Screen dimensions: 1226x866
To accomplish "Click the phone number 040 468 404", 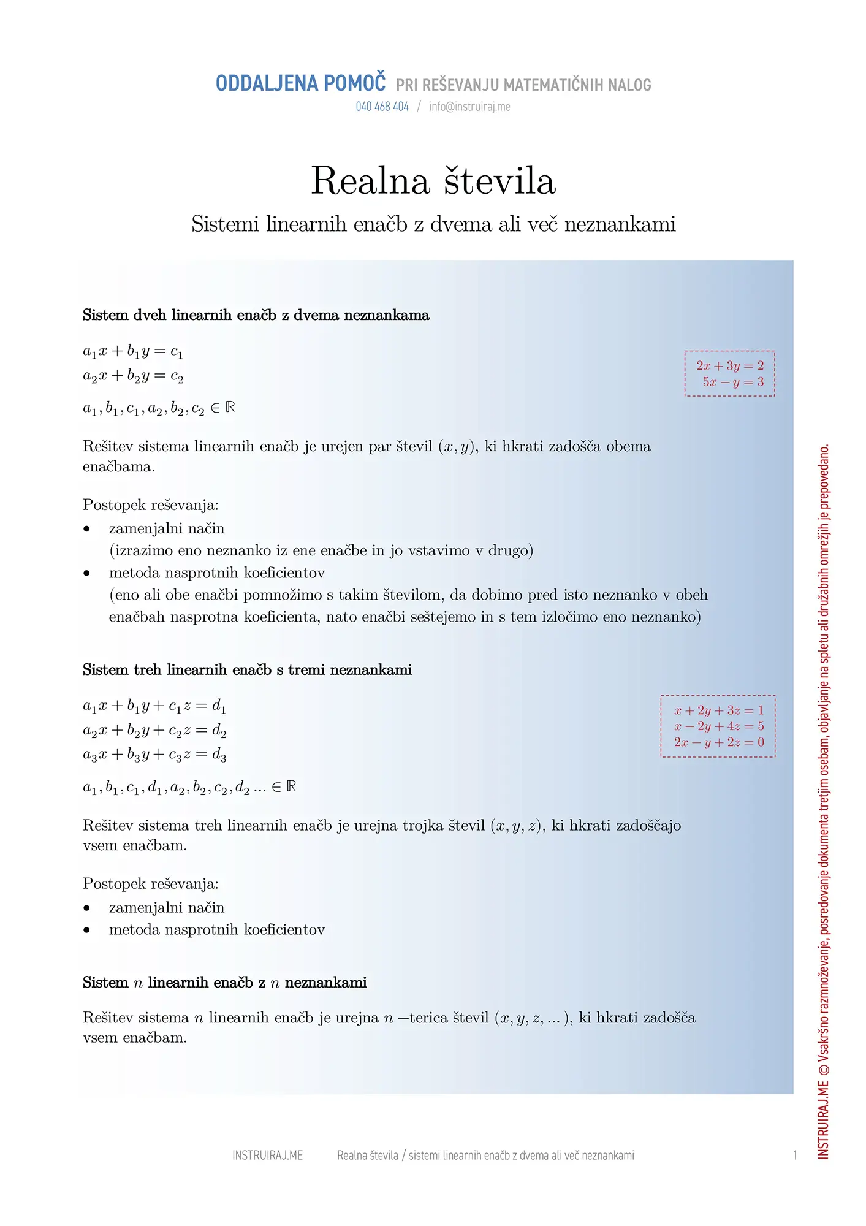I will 382,107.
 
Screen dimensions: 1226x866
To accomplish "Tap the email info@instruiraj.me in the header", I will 469,107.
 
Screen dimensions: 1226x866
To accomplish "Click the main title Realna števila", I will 433,181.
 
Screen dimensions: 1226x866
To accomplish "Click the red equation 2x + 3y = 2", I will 730,366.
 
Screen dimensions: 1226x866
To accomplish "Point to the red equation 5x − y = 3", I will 733,382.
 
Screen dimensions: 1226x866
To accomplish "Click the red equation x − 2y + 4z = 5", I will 719,726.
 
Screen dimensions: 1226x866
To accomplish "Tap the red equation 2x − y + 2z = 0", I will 719,742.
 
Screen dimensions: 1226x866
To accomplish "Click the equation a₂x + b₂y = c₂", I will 133,376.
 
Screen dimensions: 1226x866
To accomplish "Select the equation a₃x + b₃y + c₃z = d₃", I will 154,755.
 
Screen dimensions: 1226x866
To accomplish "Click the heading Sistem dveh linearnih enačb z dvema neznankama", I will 256,315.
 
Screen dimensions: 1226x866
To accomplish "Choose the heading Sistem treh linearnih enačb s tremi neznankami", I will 247,669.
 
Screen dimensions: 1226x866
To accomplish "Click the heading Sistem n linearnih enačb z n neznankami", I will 224,983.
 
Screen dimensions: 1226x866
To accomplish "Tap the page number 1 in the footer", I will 795,1156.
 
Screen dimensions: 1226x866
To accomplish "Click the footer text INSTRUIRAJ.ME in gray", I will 267,1156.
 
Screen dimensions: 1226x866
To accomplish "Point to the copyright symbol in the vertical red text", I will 824,1069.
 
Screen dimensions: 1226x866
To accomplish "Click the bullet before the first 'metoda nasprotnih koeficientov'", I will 87,573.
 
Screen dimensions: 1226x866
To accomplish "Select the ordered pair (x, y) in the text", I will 458,447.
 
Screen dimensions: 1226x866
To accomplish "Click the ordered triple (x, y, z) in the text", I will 517,826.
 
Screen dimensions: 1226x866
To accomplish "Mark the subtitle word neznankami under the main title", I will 620,224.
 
